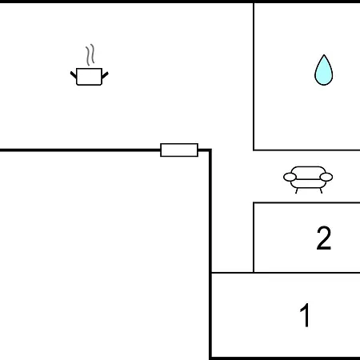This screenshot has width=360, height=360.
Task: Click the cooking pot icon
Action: [90, 76]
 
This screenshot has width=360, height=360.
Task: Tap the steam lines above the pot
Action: [90, 54]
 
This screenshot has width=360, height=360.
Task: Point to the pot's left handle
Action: [74, 75]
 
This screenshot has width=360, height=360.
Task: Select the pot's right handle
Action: [105, 75]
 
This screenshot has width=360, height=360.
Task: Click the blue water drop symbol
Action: [324, 70]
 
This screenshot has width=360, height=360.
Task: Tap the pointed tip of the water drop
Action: [324, 54]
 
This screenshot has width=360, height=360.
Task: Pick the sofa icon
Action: [308, 179]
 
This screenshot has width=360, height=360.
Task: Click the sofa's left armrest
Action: [290, 177]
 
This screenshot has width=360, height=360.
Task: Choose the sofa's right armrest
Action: [326, 177]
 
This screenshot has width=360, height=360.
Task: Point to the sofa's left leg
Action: [297, 190]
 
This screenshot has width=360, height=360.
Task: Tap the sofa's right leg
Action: [321, 190]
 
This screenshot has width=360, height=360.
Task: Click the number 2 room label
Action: [324, 238]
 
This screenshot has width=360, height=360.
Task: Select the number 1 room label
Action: [305, 315]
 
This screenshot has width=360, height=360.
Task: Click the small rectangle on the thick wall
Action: [179, 150]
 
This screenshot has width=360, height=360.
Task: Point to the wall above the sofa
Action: [306, 150]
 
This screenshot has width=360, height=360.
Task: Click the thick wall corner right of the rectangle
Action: [210, 150]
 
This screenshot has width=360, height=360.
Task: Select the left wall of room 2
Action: [254, 238]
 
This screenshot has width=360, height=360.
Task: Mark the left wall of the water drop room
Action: [254, 77]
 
